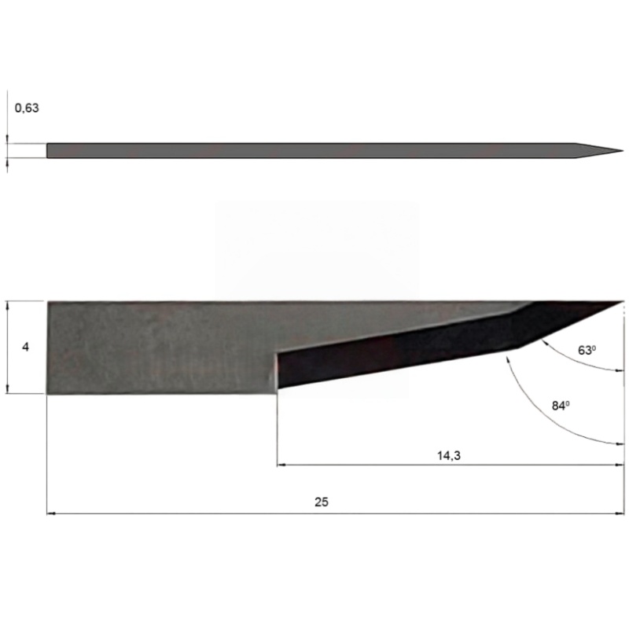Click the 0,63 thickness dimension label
(27, 108)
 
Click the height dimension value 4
(25, 347)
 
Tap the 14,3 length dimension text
(448, 455)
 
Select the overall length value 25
(322, 502)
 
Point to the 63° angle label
(587, 350)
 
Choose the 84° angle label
(561, 406)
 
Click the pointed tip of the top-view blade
(623, 151)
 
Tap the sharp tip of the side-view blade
(623, 301)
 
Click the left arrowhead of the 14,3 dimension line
(281, 465)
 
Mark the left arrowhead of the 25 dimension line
(50, 513)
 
